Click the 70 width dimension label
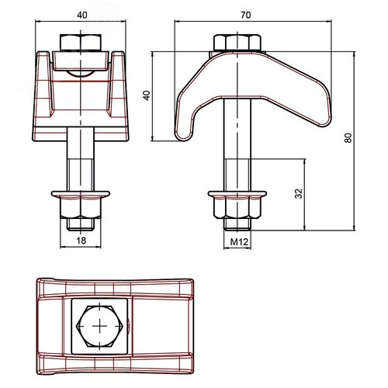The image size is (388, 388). point(245,15)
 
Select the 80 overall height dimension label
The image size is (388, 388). point(348,138)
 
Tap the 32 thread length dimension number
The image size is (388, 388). point(299,193)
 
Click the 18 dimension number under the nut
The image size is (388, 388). point(81,241)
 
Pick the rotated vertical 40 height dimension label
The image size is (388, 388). point(147,95)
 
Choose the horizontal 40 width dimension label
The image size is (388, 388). point(82,15)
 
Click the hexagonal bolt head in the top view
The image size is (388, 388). point(99,326)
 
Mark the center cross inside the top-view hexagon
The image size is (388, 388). point(99,326)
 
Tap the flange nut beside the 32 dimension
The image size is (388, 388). point(237,205)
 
